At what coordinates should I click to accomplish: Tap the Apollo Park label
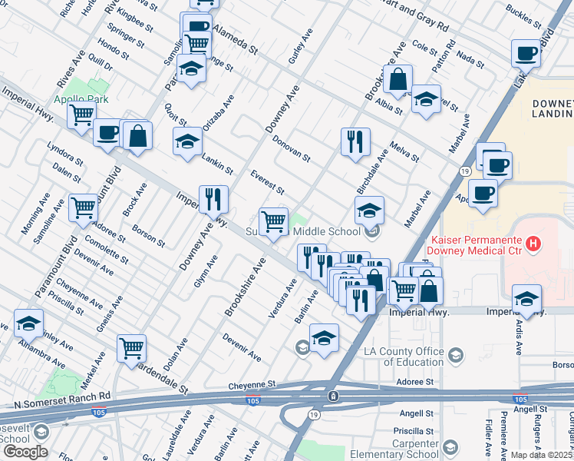pos(81,99)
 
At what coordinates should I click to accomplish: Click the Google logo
pos(25,452)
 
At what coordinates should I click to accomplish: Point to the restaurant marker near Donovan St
pos(355,141)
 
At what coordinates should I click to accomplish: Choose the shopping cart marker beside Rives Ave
pos(81,115)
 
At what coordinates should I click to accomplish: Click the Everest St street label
pos(268,181)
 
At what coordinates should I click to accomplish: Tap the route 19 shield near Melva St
pos(465,171)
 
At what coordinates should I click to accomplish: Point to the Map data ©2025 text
pos(542,455)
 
